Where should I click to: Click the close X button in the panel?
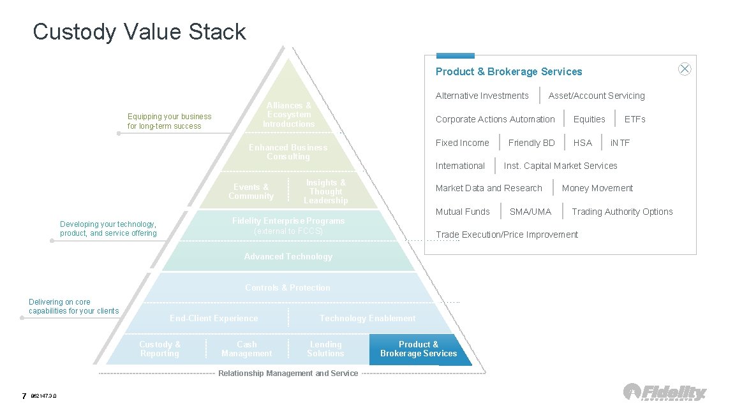pos(685,69)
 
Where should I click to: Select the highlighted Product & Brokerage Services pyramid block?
pos(419,349)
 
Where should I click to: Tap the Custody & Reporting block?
pos(160,349)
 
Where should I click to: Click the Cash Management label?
pos(246,349)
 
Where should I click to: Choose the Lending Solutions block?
pos(325,349)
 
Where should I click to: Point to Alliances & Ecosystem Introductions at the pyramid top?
pos(289,115)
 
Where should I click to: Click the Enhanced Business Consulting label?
pos(288,152)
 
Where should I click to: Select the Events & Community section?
pos(251,192)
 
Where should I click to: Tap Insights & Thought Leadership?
pos(326,192)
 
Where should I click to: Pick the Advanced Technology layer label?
pos(288,257)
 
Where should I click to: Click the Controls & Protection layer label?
pos(288,288)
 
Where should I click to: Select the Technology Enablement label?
pos(367,319)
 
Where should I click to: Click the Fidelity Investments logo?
pos(665,392)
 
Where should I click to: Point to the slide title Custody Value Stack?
pos(139,32)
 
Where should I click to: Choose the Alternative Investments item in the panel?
pos(482,96)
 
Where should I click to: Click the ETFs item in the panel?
pos(635,119)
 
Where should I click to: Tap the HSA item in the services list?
pos(583,143)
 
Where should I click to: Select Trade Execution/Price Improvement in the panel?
pos(507,235)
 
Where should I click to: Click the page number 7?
pos(24,396)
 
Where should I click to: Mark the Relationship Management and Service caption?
pos(288,373)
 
